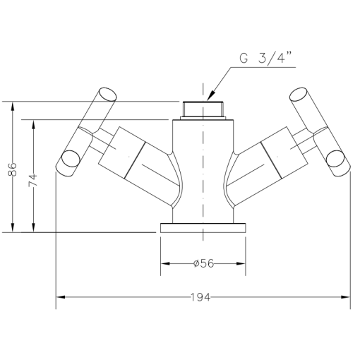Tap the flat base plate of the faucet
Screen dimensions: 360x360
[203, 228]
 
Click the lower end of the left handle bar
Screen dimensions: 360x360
[69, 161]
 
